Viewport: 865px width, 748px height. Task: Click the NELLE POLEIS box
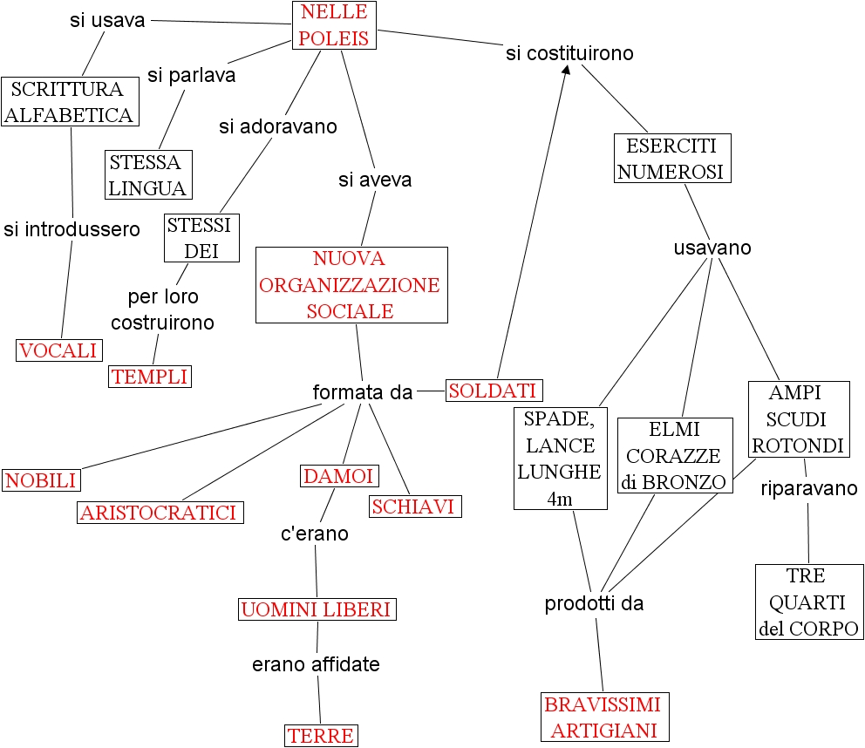334,25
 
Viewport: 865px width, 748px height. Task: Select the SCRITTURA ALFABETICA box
70,102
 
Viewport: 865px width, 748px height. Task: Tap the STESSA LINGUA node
148,175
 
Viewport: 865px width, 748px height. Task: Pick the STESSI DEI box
201,238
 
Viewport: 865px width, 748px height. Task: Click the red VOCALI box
58,350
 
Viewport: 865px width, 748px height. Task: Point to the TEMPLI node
149,377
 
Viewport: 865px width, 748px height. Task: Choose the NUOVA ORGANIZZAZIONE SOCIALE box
351,285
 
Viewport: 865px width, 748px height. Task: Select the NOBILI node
41,479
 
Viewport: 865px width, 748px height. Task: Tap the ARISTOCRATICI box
160,513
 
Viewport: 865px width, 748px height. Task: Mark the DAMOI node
339,476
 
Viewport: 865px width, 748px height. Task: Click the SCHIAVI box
414,507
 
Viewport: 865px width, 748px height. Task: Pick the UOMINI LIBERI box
317,609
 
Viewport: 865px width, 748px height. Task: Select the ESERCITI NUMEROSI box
671,158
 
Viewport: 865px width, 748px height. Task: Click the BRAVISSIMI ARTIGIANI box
603,717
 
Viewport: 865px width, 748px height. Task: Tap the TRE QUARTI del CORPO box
808,602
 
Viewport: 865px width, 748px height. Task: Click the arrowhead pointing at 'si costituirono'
567,70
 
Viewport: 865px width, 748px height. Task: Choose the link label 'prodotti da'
594,603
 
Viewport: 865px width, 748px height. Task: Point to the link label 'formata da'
362,393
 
